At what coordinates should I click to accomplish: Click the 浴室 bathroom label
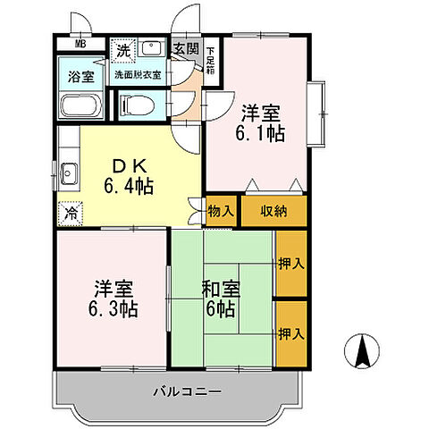[x=81, y=77]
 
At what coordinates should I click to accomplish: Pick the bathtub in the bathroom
[x=81, y=106]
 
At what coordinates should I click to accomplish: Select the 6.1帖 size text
[x=260, y=132]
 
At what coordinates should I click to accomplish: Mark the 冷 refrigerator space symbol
[x=71, y=214]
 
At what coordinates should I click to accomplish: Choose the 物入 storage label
[x=223, y=211]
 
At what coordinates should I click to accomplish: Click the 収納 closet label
[x=273, y=211]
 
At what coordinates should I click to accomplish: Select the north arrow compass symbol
[x=364, y=349]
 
